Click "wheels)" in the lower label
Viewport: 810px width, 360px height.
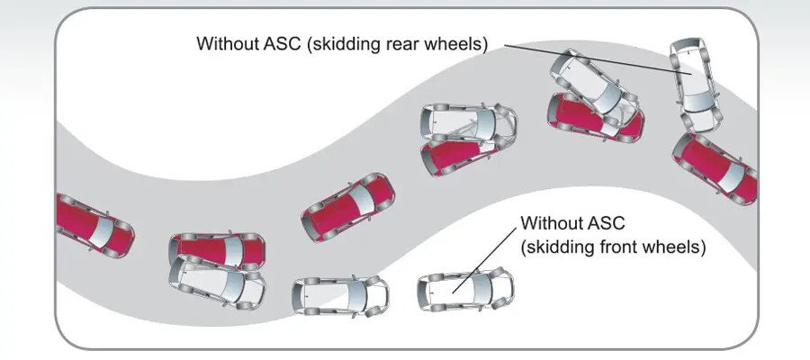pos(675,245)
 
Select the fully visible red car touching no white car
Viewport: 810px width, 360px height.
pos(347,206)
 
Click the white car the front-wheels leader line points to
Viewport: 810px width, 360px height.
pos(464,290)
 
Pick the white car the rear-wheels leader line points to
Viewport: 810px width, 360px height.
pos(695,84)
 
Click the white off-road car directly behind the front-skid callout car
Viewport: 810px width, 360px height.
pos(340,294)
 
